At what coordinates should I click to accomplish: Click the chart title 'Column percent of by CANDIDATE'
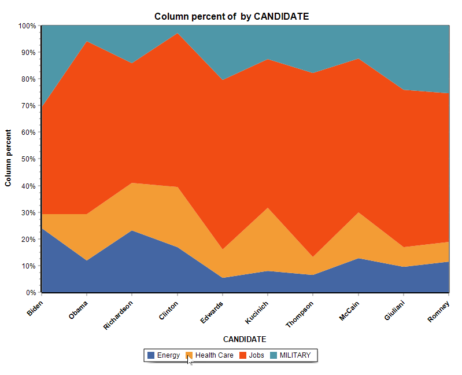pos(231,16)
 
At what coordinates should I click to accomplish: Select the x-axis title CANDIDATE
pos(245,339)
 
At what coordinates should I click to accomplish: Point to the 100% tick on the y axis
pos(27,26)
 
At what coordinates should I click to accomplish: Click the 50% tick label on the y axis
pos(27,159)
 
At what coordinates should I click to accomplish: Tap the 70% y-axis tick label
pos(27,106)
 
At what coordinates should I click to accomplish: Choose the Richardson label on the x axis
pos(119,314)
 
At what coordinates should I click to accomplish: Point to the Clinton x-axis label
pos(169,308)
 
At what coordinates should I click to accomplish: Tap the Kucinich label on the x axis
pos(258,311)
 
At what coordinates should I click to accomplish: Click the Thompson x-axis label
pos(300,314)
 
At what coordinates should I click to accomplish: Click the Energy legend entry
pos(164,355)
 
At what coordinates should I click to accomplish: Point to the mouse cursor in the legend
pos(189,359)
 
